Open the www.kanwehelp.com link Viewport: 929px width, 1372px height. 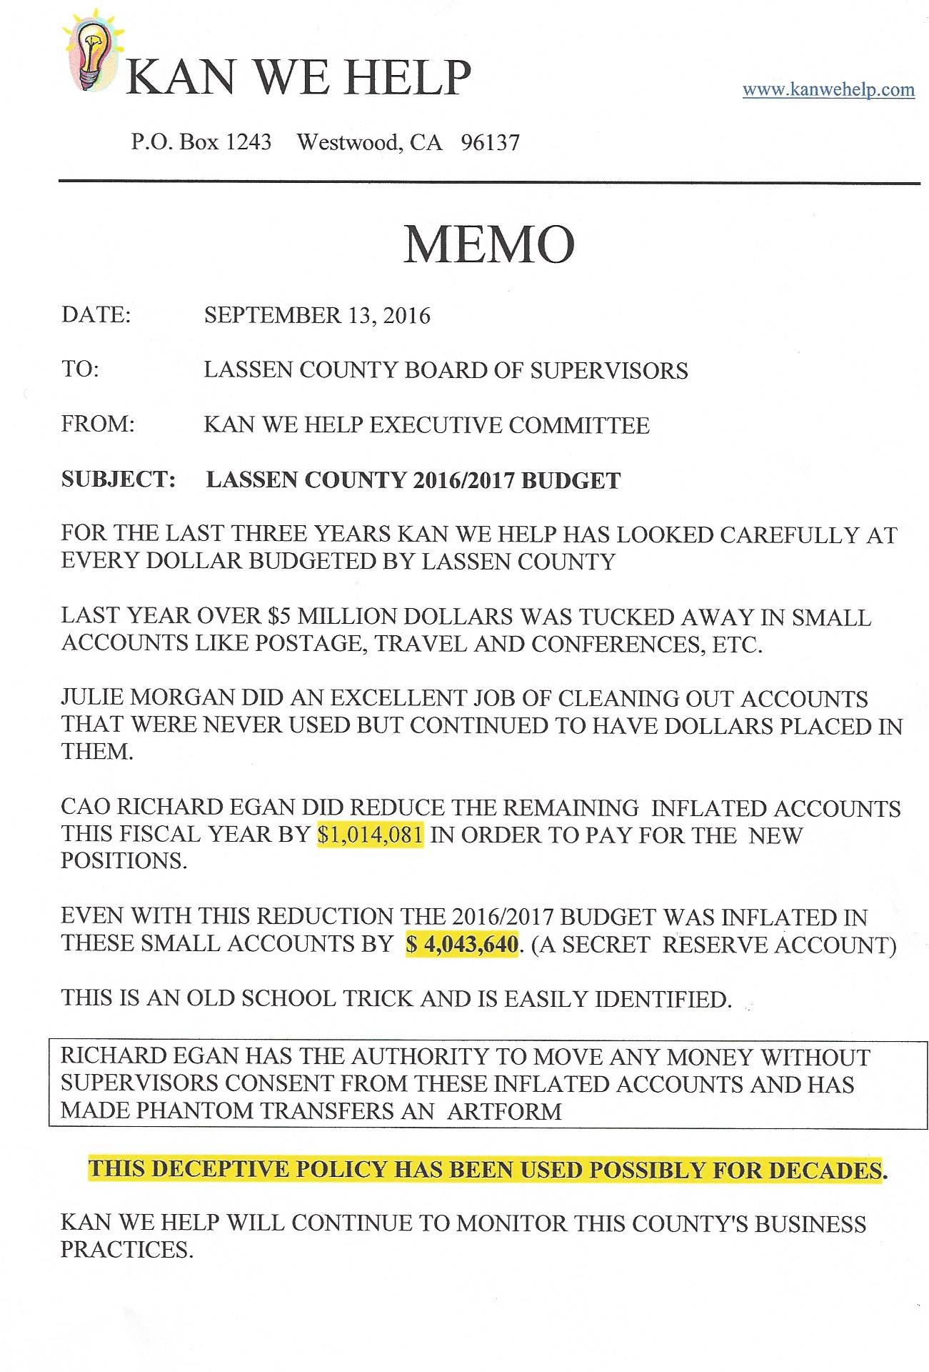(x=828, y=90)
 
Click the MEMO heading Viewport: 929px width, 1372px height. (x=489, y=244)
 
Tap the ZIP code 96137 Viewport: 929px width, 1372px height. (x=490, y=143)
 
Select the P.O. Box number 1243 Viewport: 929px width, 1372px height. (x=248, y=142)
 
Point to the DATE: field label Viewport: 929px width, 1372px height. (x=96, y=315)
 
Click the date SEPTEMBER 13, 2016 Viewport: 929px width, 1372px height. (x=317, y=316)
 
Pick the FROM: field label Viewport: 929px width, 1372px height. (x=98, y=424)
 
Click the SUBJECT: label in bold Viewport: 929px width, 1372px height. (x=118, y=479)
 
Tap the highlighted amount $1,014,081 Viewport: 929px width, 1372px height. (x=370, y=835)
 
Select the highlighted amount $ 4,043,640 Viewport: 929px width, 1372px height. (x=462, y=944)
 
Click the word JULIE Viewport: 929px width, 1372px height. (x=91, y=698)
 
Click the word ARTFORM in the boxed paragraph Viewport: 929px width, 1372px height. (x=504, y=1111)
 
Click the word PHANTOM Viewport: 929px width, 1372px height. (x=194, y=1111)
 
